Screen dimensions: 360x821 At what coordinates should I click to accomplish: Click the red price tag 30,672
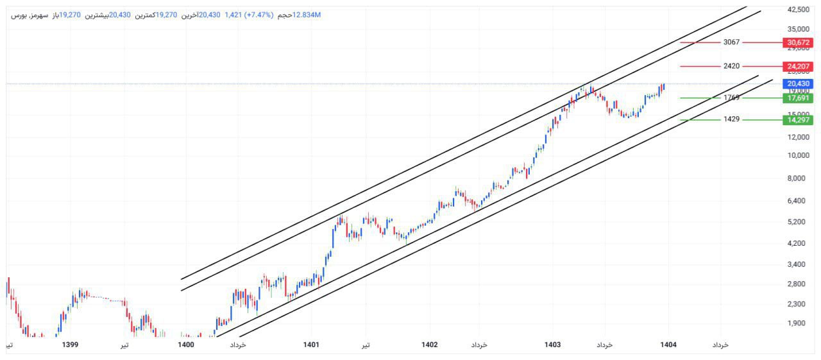coord(797,43)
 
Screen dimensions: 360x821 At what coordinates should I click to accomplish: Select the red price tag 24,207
coord(797,66)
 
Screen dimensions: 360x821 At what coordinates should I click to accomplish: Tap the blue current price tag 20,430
coord(797,83)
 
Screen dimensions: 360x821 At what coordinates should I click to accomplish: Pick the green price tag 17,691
coord(797,98)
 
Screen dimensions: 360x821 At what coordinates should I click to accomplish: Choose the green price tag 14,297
coord(797,120)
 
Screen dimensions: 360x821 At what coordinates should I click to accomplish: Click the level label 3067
coord(731,42)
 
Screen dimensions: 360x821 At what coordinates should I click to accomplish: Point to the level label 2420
coord(731,66)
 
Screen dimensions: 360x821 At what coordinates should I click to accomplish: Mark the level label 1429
coord(731,119)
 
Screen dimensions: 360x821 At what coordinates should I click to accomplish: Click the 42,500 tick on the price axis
coord(798,10)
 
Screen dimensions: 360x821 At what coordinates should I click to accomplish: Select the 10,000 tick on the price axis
coord(798,155)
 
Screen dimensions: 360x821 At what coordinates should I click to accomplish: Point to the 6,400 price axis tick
coord(798,201)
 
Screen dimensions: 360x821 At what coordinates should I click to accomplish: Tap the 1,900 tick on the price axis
coord(798,323)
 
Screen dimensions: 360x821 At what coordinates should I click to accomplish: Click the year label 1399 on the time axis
coord(70,345)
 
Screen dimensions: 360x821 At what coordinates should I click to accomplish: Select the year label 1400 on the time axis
coord(186,345)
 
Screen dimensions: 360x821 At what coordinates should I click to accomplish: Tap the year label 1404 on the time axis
coord(669,345)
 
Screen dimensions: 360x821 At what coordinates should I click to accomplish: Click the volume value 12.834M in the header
coord(306,15)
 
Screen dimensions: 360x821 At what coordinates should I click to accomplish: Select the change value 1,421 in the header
coord(233,15)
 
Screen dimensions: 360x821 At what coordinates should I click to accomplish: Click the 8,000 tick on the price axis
coord(798,178)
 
